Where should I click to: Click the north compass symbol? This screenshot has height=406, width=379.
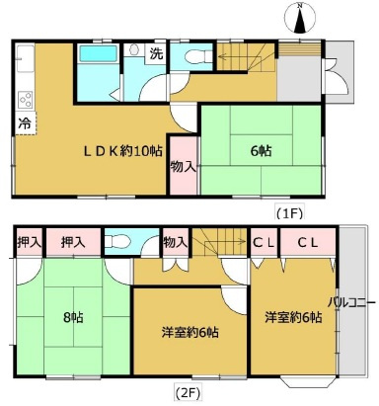tap(300, 18)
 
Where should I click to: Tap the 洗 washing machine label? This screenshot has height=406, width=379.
tap(156, 53)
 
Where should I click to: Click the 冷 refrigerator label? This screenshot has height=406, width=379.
tap(25, 123)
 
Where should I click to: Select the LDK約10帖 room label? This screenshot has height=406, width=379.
tap(122, 151)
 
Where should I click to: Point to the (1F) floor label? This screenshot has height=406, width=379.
tap(289, 213)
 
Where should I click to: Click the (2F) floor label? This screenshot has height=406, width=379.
tap(187, 392)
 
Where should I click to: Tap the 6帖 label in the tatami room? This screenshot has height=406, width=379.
tap(261, 151)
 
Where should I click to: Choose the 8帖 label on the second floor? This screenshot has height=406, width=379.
tap(73, 318)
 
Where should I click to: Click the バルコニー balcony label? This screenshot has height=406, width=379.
tap(351, 302)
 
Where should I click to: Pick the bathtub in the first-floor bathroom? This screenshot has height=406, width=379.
tap(99, 53)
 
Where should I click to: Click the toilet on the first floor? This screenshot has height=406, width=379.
tap(198, 56)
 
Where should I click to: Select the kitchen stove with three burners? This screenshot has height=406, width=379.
tap(26, 100)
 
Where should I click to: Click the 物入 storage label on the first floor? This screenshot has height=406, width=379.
tap(184, 167)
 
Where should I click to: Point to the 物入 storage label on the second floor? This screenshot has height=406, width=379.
tap(176, 243)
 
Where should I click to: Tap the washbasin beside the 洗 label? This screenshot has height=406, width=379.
tap(134, 50)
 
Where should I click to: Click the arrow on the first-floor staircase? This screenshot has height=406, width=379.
tap(240, 58)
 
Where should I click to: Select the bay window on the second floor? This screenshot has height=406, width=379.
tap(308, 382)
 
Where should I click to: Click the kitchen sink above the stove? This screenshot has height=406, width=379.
tap(25, 58)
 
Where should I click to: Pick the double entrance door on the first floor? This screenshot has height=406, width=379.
tap(335, 76)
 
